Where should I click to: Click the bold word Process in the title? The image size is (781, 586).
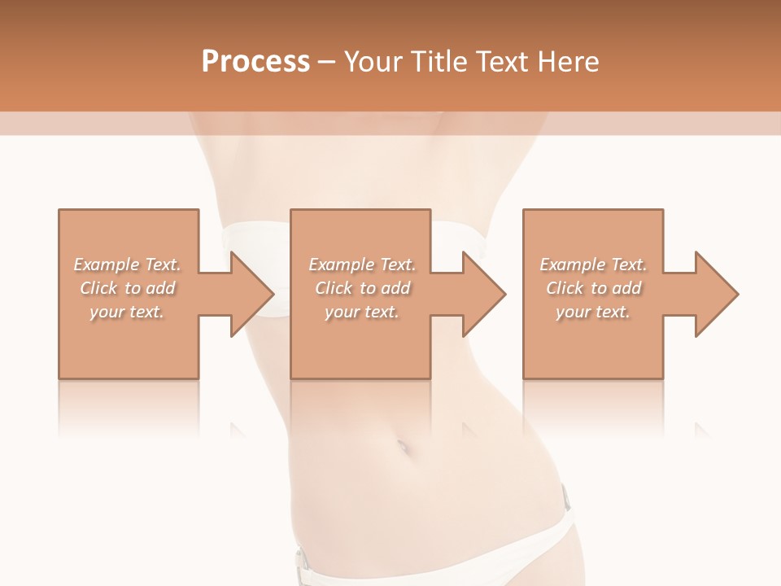click(x=255, y=62)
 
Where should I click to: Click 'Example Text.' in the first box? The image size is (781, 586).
click(x=128, y=265)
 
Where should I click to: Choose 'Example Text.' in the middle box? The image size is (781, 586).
click(x=362, y=265)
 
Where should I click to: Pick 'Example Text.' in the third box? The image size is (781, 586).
click(x=593, y=265)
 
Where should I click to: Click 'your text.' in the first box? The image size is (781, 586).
click(x=127, y=312)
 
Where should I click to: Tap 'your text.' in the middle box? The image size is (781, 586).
click(x=361, y=312)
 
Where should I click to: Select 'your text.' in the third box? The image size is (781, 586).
click(x=593, y=312)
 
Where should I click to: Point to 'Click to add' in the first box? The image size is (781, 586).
click(x=128, y=288)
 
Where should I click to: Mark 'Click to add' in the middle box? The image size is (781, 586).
click(x=362, y=288)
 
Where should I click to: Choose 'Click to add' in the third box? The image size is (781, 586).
click(x=594, y=288)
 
